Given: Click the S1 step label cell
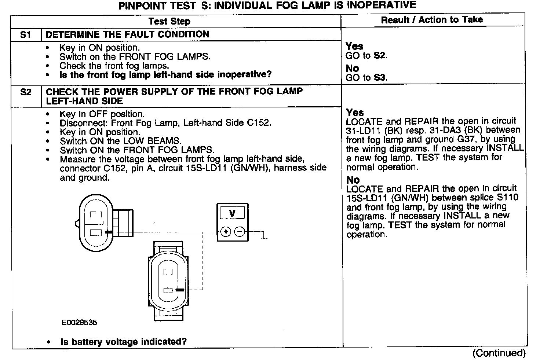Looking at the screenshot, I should point(25,34).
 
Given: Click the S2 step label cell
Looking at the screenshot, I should point(26,92).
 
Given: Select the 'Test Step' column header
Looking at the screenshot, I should point(169,21).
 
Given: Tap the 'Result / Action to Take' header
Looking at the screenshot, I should point(432,20).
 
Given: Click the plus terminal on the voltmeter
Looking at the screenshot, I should point(226,232).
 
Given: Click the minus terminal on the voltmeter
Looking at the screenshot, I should point(240,232).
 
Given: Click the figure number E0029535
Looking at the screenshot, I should point(79,323).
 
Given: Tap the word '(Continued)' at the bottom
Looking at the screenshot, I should point(499,353).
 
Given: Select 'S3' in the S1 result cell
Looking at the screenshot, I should point(380,77).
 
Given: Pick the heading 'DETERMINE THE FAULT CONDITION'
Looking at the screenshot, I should point(127,34).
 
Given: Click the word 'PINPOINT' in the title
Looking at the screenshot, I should point(143,6).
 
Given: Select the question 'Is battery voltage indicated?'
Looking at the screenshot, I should point(124,342).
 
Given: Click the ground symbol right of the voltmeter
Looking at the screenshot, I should point(264,236).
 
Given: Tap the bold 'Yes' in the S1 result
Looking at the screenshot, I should point(354,46).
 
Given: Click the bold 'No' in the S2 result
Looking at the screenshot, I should point(353,180).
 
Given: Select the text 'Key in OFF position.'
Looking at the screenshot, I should point(102,114).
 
